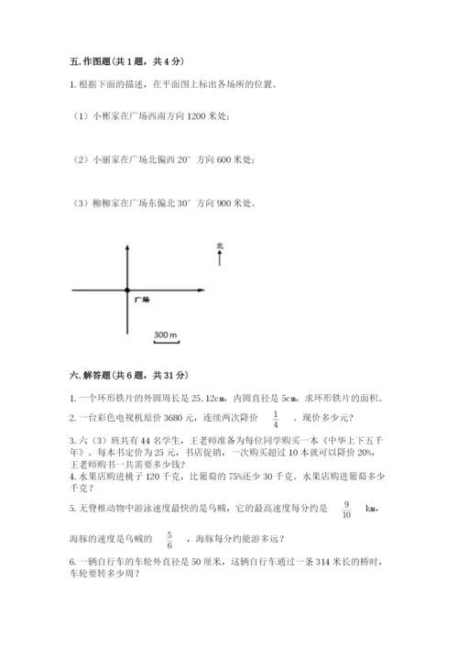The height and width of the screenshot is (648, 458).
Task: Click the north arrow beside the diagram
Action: (220, 259)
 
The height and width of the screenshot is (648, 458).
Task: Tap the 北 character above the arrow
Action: (220, 246)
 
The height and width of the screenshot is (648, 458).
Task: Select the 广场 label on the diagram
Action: (141, 300)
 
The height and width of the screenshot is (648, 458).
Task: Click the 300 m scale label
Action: (166, 335)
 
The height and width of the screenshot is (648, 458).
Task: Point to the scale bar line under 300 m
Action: (166, 342)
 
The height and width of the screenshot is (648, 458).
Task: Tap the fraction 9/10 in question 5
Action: (346, 509)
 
